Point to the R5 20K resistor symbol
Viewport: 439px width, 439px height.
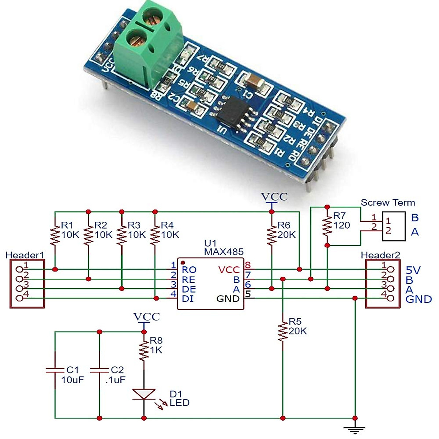282,331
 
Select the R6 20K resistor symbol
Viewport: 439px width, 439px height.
271,235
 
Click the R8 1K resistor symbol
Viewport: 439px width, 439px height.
144,350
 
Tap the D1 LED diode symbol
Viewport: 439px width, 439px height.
144,394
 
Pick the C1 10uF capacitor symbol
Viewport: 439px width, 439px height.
55,370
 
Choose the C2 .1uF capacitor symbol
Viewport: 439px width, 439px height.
99,370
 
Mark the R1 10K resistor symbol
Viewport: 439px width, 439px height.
55,235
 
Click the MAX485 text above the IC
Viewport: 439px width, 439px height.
224,252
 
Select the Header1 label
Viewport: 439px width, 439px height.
25,255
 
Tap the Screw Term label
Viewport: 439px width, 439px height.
388,203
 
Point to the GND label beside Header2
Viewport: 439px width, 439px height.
419,300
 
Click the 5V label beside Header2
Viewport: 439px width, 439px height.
413,270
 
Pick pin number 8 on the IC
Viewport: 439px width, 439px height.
248,265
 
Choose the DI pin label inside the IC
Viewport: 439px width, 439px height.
188,299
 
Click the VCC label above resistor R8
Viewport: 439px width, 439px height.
146,316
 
